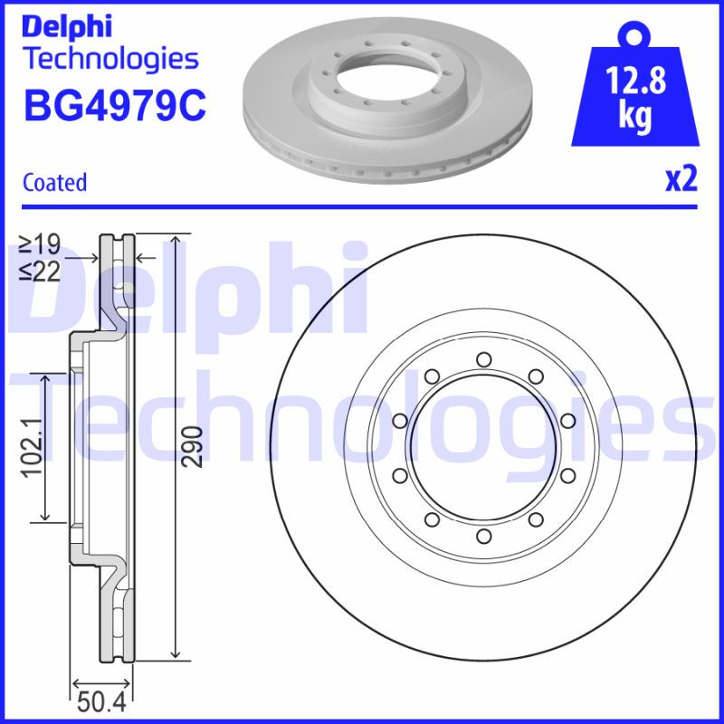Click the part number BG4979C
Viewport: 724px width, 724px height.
(x=115, y=105)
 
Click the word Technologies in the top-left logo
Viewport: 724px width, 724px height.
(x=110, y=59)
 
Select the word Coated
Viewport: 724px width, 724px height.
(x=54, y=183)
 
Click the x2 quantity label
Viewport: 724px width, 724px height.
(x=681, y=180)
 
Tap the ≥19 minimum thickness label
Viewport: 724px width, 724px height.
(x=40, y=244)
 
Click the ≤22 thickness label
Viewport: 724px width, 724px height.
(x=40, y=271)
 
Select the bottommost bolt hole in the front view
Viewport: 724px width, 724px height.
(x=483, y=538)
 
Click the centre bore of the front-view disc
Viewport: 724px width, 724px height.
(x=483, y=447)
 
